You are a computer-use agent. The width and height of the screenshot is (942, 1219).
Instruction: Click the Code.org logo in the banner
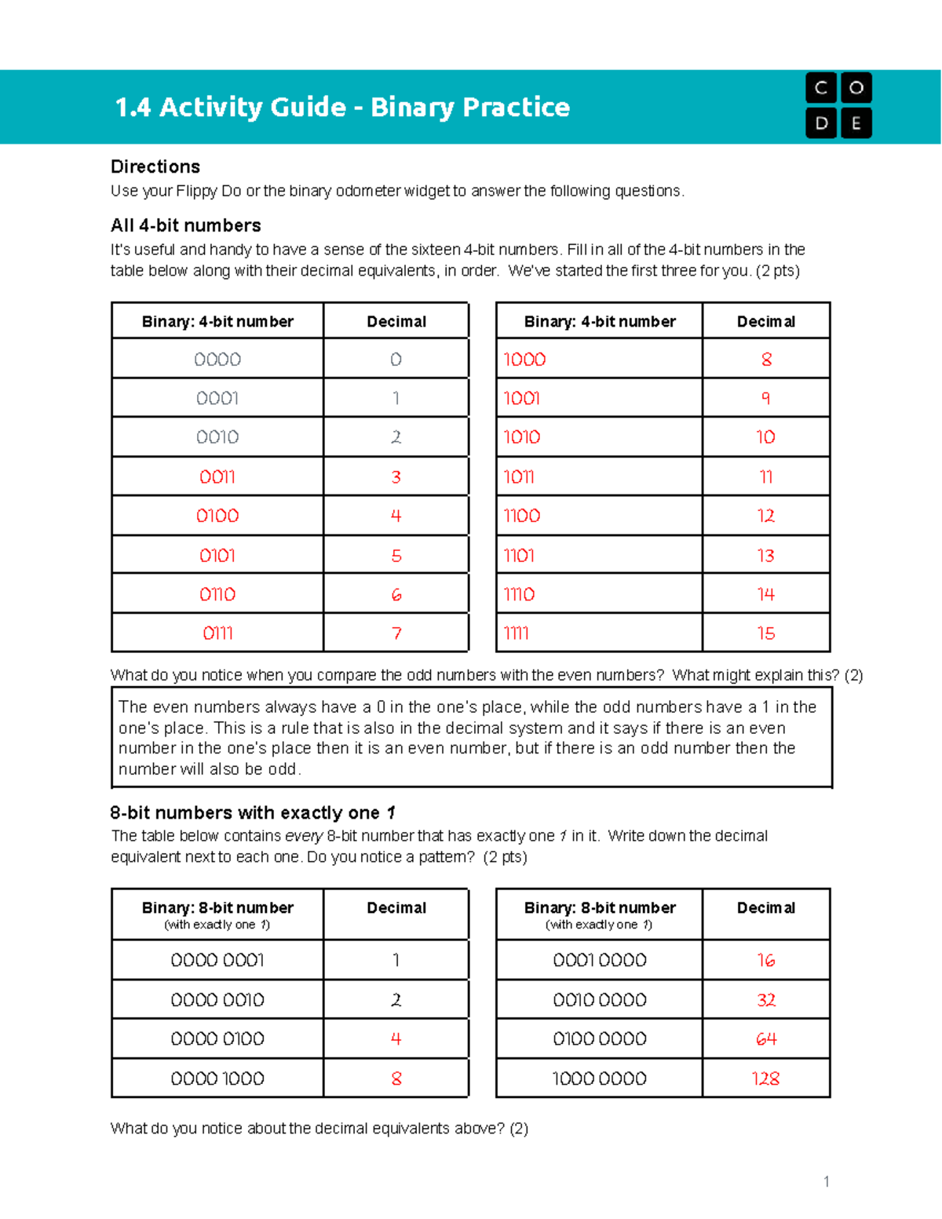[x=838, y=105]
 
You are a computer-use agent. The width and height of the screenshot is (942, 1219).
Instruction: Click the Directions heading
[x=155, y=166]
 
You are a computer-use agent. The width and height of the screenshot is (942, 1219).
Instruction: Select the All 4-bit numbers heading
[x=186, y=225]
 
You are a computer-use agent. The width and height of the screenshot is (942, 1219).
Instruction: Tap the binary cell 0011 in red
[x=217, y=476]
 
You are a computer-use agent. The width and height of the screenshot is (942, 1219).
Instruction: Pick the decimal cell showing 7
[x=396, y=633]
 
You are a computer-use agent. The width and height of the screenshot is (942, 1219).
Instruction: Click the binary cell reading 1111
[x=517, y=633]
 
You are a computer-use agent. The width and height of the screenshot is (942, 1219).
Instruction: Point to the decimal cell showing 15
[x=766, y=633]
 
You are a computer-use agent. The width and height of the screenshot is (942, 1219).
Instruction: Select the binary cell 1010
[x=522, y=437]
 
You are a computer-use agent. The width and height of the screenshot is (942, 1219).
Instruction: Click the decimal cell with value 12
[x=766, y=516]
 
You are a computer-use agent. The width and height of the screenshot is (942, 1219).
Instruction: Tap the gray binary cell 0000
[x=217, y=359]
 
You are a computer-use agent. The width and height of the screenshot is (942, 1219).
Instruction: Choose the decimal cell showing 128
[x=766, y=1078]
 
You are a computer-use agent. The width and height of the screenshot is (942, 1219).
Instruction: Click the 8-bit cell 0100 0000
[x=600, y=1039]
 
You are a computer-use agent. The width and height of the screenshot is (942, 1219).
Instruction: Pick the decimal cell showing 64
[x=766, y=1039]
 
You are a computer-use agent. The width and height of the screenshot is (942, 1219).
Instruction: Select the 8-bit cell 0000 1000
[x=217, y=1078]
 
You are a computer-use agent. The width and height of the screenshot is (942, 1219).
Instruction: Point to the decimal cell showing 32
[x=766, y=1000]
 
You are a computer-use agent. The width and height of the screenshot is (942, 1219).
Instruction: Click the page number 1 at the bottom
[x=826, y=1181]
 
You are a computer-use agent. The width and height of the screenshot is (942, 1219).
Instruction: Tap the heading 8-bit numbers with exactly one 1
[x=253, y=812]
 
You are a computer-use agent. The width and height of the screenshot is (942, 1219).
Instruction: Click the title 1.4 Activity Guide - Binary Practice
[x=342, y=107]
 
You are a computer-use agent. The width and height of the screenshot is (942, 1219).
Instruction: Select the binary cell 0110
[x=217, y=594]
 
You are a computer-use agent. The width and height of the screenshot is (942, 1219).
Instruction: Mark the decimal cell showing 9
[x=766, y=398]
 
